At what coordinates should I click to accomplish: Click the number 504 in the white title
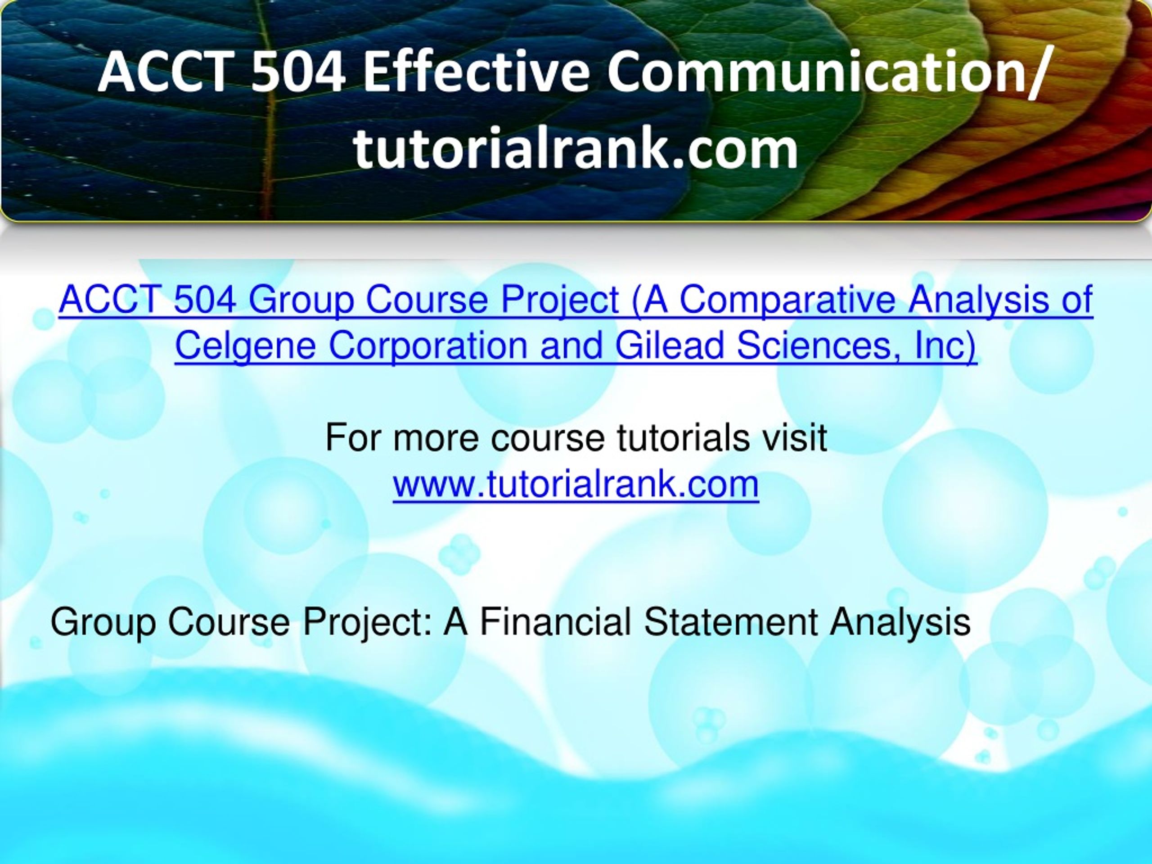pos(297,72)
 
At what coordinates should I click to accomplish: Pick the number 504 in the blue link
pos(205,300)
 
